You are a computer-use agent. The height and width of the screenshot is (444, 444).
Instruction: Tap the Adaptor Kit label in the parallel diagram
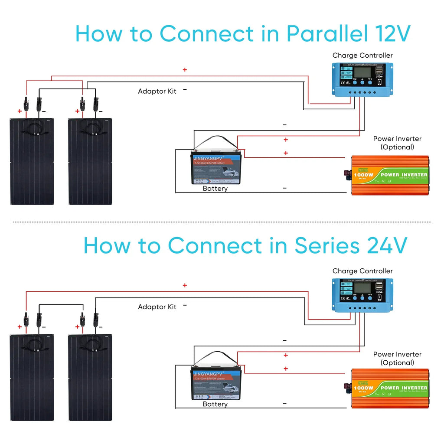(157, 91)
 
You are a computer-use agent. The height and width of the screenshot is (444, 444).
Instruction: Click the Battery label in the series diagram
(215, 404)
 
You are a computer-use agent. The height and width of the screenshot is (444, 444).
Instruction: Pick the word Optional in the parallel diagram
(397, 147)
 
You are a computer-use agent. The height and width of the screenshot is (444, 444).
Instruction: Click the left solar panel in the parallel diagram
(32, 161)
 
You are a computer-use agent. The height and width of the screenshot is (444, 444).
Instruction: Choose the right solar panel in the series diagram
(91, 377)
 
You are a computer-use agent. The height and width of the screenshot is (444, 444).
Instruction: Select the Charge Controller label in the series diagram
(362, 271)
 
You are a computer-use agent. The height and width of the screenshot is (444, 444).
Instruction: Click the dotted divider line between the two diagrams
(222, 222)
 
